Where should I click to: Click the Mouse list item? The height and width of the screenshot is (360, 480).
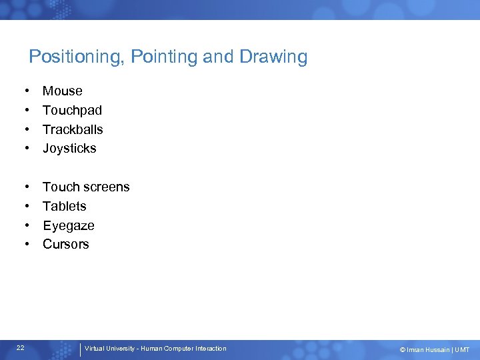63,91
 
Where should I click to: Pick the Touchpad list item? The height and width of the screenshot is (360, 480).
72,110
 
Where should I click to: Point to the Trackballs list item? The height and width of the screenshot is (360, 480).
73,129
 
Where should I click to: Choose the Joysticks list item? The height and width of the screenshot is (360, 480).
69,149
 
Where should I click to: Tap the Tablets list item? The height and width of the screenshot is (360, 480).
65,207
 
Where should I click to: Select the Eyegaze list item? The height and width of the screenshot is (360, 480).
69,226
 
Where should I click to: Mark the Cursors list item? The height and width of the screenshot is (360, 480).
65,245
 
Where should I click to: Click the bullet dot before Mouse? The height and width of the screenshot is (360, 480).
27,91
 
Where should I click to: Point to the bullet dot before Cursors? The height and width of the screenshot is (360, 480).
27,245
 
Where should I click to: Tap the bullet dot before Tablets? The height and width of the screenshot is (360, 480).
27,207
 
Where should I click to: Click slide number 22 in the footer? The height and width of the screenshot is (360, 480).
21,348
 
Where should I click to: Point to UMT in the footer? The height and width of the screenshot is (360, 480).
462,349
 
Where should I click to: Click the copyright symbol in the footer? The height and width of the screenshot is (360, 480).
402,349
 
